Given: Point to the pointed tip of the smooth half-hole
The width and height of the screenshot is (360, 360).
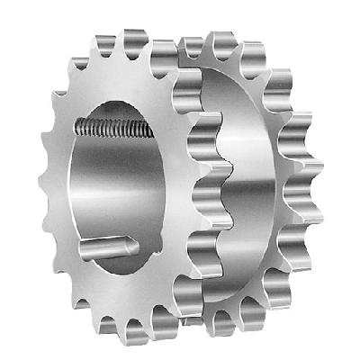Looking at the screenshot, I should coord(130,241).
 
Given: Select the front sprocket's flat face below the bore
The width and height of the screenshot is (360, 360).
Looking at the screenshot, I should coord(135,292).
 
